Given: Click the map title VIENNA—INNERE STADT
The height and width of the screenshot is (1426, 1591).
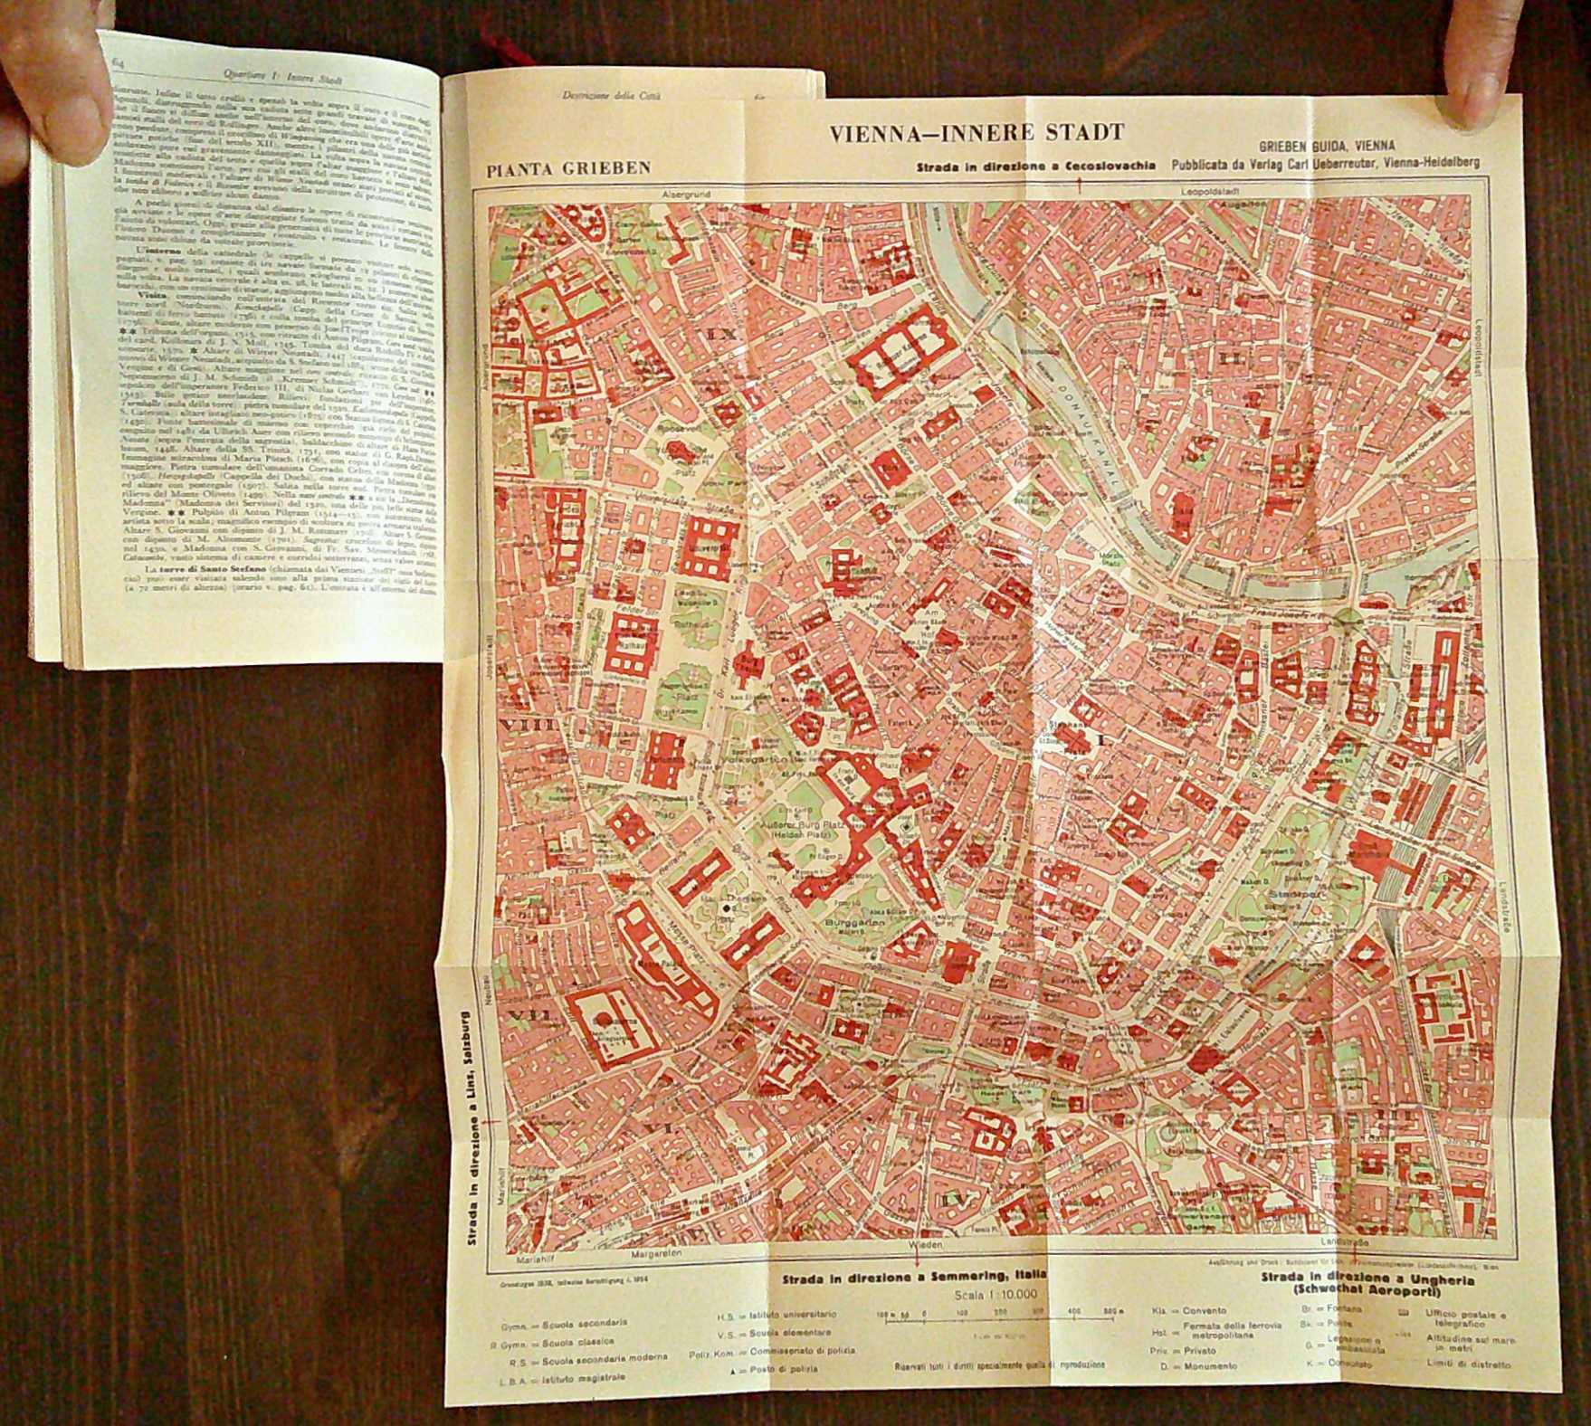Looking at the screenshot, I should [x=977, y=133].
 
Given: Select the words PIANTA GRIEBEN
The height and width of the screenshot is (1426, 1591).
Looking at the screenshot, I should [x=567, y=167].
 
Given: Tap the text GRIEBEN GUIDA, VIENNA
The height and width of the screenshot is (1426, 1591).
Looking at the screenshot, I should [x=1326, y=145].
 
